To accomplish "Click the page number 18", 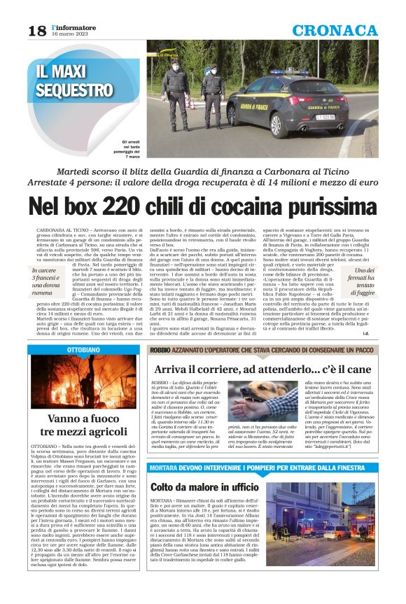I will (37, 31).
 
